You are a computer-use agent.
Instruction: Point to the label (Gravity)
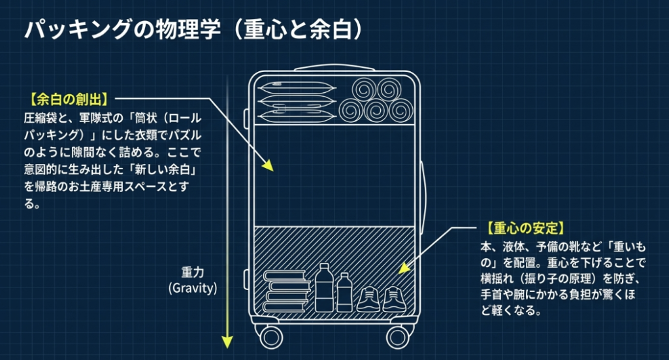(x=192, y=287)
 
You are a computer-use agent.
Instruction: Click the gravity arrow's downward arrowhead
(x=227, y=341)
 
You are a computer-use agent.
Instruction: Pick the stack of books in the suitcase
(x=286, y=291)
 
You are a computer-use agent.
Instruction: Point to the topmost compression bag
(x=286, y=88)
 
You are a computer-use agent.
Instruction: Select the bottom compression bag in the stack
(x=286, y=116)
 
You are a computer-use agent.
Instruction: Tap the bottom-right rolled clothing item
(x=398, y=108)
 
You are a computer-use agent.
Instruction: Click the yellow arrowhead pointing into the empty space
(x=267, y=165)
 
